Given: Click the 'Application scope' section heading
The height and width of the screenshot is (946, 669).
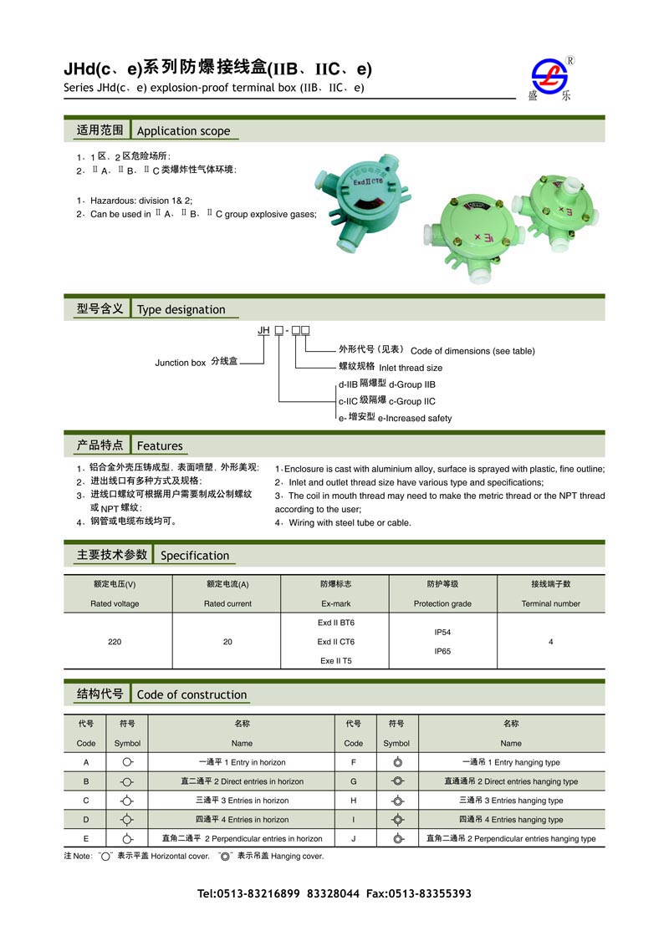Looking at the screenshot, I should [183, 130].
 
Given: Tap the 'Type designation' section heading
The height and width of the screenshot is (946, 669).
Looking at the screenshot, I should [181, 309].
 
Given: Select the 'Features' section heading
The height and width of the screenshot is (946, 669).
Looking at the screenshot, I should [160, 445].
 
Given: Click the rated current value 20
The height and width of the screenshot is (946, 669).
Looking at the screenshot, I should [227, 642].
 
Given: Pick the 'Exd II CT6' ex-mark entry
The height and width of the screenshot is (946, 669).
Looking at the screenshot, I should [335, 642].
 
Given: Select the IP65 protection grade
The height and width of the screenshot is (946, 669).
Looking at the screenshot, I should [442, 651].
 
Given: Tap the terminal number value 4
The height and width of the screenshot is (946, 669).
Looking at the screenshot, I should [550, 642].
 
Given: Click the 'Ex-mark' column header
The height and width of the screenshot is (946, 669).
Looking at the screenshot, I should [335, 603].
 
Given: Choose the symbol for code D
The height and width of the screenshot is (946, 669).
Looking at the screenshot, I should [127, 820].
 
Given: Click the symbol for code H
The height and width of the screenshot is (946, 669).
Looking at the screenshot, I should [398, 801].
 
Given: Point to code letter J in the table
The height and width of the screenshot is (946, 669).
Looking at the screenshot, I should [354, 838].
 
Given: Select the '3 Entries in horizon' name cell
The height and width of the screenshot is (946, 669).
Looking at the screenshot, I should [243, 801].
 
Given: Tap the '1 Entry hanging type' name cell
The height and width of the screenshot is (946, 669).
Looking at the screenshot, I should [511, 762].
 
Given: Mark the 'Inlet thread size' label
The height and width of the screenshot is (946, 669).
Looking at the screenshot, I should [411, 368].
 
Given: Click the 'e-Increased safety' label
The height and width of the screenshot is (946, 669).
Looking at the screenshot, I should [414, 418].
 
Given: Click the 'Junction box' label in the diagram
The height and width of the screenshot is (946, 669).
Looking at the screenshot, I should [180, 363].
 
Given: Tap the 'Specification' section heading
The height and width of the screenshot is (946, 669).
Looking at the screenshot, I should [194, 555].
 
